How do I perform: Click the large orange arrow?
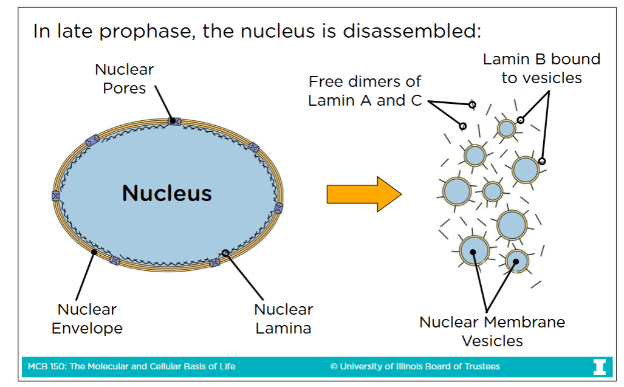coord(363,194)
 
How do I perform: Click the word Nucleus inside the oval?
coord(167,193)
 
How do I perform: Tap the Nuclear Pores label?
coord(125,79)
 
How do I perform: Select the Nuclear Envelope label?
coord(87,319)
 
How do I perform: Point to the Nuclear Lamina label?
coord(283,319)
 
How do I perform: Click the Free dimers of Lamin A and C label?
coord(365,91)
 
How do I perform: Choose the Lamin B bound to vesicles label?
coord(541,68)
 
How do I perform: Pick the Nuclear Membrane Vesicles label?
coord(492,331)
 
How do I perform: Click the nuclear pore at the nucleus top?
coord(174,121)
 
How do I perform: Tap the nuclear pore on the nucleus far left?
coord(56,196)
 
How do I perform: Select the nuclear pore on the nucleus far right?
coord(279,208)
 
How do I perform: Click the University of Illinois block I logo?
coord(599,366)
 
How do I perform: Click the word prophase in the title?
coord(142,31)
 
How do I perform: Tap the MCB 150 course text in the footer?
coord(131,366)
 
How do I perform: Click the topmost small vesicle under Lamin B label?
coord(506,128)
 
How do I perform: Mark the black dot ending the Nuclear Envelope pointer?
coord(94,250)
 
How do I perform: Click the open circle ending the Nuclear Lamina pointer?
coord(225,252)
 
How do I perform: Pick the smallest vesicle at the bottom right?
coord(516,261)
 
